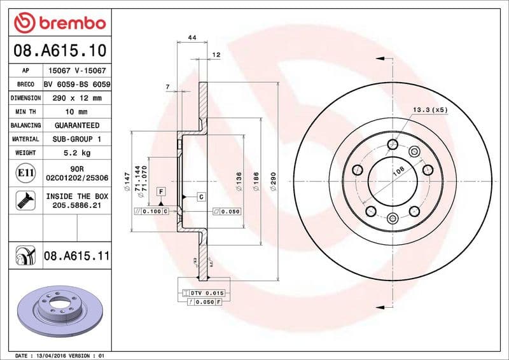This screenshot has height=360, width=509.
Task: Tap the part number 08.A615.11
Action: (x=77, y=256)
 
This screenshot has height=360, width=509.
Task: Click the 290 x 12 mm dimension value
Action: (x=77, y=98)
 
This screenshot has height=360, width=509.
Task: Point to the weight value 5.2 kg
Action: (x=77, y=153)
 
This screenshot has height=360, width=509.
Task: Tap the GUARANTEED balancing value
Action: (x=77, y=125)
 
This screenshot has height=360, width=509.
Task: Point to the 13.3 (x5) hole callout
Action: (x=430, y=110)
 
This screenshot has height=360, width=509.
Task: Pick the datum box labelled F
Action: (x=162, y=191)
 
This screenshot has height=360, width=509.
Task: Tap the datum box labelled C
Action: (x=201, y=197)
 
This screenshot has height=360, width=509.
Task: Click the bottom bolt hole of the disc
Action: (x=392, y=219)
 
